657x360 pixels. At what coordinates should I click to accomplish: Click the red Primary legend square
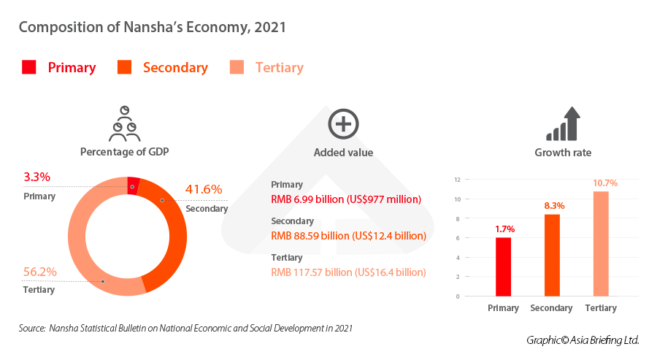pos(29,67)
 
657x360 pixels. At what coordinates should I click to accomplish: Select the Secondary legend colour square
pos(124,67)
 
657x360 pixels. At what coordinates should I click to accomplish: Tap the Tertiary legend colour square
pos(237,67)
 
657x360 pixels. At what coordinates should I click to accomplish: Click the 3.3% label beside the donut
pos(36,177)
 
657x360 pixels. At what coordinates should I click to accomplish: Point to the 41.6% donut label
pos(204,189)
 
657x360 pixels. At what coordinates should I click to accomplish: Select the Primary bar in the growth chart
pos(503,267)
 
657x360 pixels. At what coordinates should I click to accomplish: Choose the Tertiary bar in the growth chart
pos(600,243)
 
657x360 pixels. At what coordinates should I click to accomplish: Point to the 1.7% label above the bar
pos(504,229)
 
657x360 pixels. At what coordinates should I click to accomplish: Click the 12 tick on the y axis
pos(456,180)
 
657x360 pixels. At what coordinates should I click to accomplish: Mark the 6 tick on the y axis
pos(457,238)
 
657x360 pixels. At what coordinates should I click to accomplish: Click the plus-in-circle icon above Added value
pos(343,123)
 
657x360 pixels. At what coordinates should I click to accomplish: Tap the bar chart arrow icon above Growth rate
pos(563,124)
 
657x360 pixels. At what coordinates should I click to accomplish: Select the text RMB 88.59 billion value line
pos(348,236)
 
